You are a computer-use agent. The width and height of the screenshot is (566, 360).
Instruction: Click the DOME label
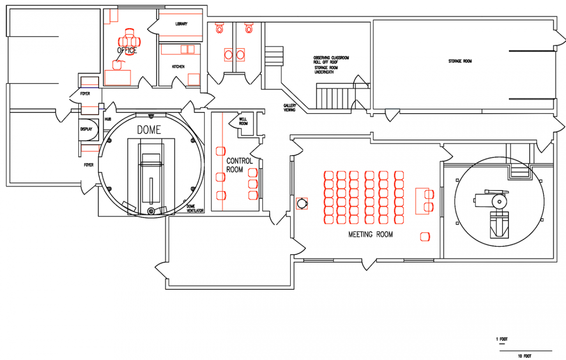[149, 130]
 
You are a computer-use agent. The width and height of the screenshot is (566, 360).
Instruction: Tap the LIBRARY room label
[182, 24]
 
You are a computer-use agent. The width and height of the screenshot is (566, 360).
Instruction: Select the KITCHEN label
[178, 67]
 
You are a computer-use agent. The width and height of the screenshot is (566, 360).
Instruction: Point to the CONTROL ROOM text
[239, 165]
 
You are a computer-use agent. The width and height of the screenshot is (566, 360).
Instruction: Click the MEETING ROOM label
[370, 234]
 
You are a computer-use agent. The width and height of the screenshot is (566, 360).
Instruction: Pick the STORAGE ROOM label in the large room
[460, 61]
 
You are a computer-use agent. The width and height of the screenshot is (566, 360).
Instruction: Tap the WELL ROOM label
[243, 121]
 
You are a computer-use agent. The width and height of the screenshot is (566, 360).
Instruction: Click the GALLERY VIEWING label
[290, 108]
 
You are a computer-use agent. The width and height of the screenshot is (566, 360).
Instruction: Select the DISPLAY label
[86, 129]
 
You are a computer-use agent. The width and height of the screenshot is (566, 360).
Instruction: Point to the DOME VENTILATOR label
[195, 209]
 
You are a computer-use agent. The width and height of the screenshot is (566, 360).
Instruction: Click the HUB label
[108, 119]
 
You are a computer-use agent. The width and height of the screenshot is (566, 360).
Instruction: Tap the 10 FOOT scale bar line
[525, 351]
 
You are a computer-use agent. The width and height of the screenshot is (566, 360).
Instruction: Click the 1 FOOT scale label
[502, 339]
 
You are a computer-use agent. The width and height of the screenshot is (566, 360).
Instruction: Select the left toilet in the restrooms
[219, 27]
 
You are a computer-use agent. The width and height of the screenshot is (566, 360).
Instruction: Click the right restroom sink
[240, 55]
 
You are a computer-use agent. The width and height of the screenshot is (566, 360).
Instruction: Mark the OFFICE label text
[127, 50]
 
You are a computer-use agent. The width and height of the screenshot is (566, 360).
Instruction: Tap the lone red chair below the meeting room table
[425, 237]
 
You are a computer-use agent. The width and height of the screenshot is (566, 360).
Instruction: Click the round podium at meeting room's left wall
[302, 203]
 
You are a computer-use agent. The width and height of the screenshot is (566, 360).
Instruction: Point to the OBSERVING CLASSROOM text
[331, 58]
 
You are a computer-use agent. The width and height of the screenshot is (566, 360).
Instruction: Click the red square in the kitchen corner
[194, 79]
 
